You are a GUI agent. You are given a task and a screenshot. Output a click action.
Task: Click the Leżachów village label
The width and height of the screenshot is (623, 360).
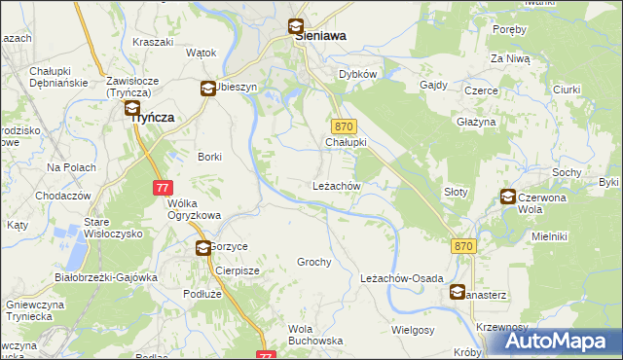click(x=337, y=186)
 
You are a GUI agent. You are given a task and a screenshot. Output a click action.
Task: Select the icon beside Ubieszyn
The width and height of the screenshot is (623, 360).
click(x=207, y=89)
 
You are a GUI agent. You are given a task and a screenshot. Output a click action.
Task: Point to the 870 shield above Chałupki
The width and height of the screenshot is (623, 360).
click(x=343, y=127)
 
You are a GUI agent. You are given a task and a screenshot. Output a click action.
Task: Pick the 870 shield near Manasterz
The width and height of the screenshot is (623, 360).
click(x=463, y=247)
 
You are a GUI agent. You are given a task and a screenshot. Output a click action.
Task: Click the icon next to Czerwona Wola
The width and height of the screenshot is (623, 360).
click(x=508, y=198)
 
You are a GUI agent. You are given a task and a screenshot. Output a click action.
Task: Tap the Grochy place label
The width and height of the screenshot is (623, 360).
click(x=314, y=263)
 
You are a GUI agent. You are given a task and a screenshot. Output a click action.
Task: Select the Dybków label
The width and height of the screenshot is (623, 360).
click(x=357, y=74)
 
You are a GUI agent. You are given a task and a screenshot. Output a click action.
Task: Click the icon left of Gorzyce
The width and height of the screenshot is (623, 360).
click(x=202, y=248)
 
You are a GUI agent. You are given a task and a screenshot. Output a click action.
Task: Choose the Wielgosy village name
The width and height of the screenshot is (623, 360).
click(x=412, y=330)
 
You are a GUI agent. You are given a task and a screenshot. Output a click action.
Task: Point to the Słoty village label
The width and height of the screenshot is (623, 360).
click(x=456, y=193)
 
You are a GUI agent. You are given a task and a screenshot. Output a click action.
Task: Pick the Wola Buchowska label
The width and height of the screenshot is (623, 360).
click(x=315, y=335)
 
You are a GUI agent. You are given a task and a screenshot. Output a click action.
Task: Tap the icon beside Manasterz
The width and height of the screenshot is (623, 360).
click(x=458, y=291)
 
